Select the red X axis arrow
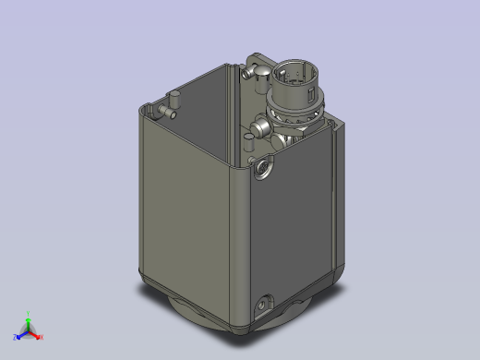click(36, 334)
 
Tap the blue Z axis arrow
click(19, 334)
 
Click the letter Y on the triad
click(28, 314)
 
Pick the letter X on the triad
click(42, 337)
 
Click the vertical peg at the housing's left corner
click(173, 100)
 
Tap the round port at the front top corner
click(264, 167)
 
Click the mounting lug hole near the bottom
click(267, 303)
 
